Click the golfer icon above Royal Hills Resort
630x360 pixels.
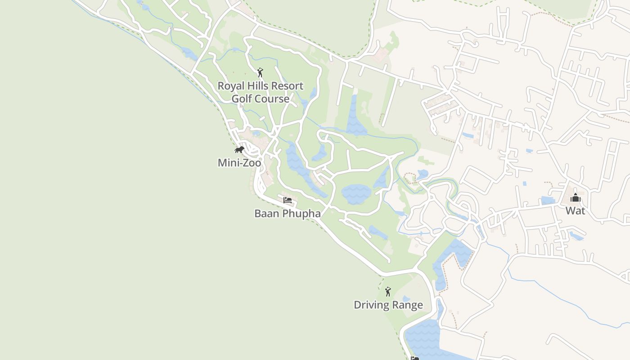tap(260, 72)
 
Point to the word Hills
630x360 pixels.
tap(257, 86)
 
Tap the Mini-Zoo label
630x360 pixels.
tap(239, 163)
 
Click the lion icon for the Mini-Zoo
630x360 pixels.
tap(239, 150)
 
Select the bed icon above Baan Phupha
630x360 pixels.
tap(288, 200)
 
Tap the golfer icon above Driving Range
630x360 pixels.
tap(388, 292)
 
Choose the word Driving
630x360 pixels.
tap(371, 305)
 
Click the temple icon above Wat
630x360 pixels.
tap(575, 198)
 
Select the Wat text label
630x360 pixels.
tap(575, 211)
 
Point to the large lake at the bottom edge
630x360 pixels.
tap(423, 340)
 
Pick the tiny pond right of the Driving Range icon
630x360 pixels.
tap(406, 298)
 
